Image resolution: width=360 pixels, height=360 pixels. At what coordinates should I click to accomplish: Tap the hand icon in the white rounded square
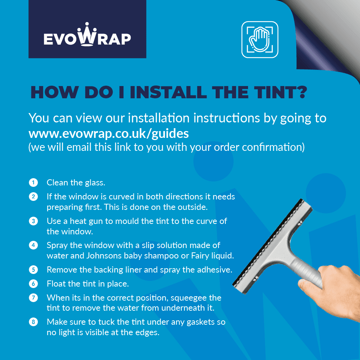(260, 40)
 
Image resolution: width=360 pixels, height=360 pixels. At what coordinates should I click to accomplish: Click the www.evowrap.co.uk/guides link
(108, 134)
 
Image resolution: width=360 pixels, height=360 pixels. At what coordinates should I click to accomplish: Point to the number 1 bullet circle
(33, 183)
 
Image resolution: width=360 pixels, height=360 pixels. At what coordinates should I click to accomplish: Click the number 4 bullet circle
(33, 245)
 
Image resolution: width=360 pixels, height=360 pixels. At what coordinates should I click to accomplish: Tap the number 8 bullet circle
(33, 322)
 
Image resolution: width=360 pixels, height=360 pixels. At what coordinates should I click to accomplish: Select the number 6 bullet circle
(33, 284)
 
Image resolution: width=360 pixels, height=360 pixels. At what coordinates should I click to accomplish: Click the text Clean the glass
(76, 183)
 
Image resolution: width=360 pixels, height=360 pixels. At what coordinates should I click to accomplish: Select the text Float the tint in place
(88, 284)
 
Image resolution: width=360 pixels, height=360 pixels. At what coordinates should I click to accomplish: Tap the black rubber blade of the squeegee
(266, 245)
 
